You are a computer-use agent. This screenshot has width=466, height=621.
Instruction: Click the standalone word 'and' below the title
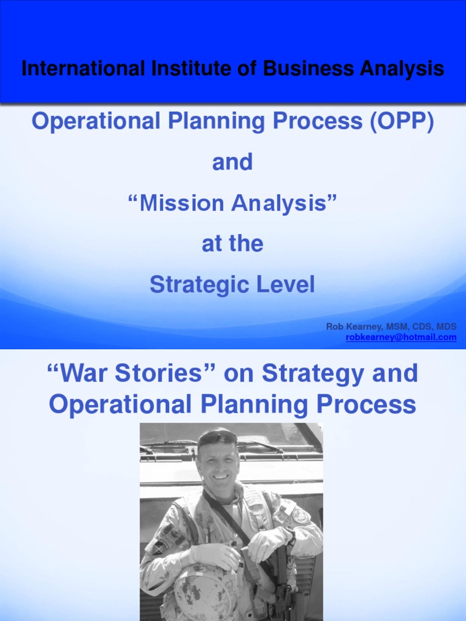(x=232, y=163)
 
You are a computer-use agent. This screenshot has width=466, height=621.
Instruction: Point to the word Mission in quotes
(x=181, y=204)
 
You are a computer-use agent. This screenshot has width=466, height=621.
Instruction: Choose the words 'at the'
(x=232, y=244)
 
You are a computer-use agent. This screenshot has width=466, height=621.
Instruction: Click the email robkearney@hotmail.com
(x=401, y=337)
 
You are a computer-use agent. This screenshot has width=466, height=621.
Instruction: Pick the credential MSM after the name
(x=397, y=327)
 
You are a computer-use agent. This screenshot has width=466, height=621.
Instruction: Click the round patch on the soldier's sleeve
(x=301, y=515)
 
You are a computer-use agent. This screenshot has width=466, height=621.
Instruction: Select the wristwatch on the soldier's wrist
(x=290, y=535)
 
